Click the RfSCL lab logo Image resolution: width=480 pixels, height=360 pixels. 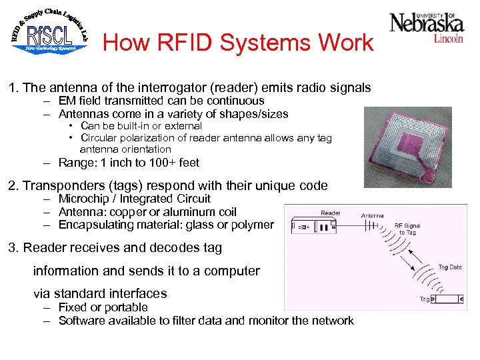point(49,30)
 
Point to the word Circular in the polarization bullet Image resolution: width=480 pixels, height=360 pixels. point(99,138)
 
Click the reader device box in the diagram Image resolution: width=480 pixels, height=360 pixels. point(318,227)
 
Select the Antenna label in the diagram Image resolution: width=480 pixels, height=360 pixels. point(372,215)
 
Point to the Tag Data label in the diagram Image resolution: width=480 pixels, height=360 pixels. point(449,267)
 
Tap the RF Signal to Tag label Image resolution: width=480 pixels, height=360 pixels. point(407,229)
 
